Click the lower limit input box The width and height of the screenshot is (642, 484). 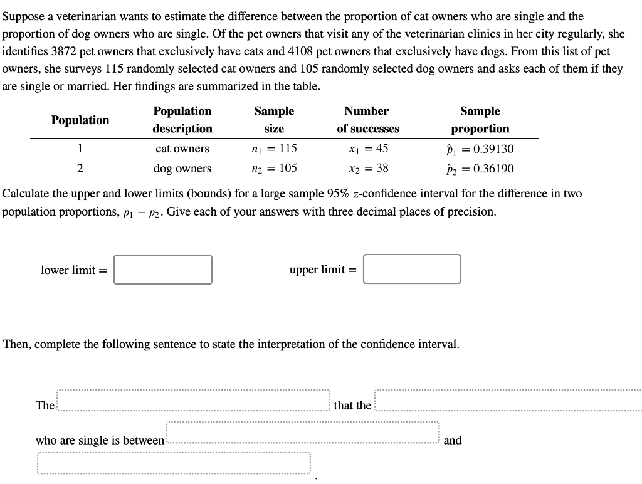pos(163,270)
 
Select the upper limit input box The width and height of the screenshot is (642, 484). pos(412,269)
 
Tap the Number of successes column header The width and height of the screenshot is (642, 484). pos(367,120)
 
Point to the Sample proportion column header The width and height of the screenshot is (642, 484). pos(480,120)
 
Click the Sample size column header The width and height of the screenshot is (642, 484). pos(274,120)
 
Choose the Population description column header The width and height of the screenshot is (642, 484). pos(182,120)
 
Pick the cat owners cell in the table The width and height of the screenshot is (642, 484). pos(182,149)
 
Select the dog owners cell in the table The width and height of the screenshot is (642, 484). pos(182,168)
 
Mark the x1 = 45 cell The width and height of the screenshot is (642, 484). pos(368,149)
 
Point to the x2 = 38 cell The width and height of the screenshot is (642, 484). pos(368,168)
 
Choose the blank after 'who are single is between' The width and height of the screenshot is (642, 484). pos(303,433)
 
